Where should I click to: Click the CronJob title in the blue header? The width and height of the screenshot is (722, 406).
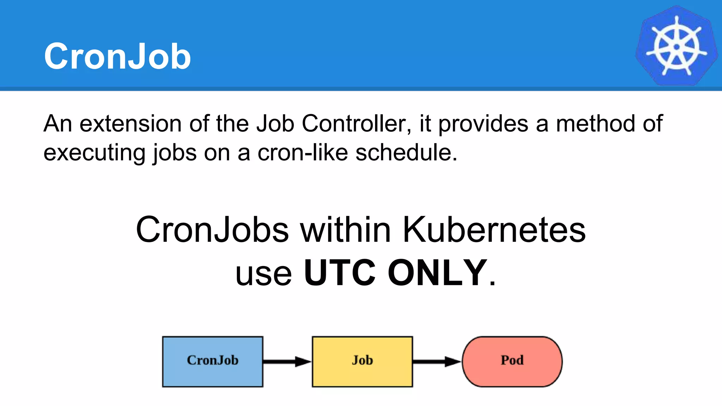click(117, 56)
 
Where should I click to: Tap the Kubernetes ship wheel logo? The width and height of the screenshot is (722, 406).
click(676, 46)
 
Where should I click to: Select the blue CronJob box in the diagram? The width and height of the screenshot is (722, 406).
click(213, 362)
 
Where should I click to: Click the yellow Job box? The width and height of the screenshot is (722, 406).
click(362, 362)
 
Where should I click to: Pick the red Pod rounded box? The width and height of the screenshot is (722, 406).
click(512, 362)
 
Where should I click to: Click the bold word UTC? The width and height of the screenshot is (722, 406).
click(339, 273)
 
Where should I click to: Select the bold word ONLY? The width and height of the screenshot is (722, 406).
click(437, 273)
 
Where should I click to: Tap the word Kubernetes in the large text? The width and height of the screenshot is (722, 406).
click(494, 230)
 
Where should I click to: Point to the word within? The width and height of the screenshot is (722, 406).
click(345, 230)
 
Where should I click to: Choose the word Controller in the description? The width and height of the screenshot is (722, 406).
click(356, 124)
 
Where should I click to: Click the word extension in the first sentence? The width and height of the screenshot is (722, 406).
click(130, 124)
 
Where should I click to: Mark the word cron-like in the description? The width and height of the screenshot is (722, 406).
click(302, 153)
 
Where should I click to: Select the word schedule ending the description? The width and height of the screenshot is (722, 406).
click(405, 153)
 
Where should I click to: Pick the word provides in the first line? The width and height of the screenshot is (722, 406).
click(483, 124)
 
